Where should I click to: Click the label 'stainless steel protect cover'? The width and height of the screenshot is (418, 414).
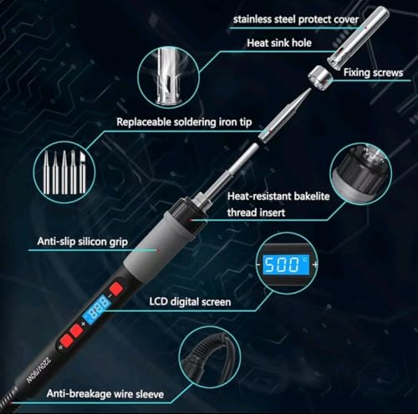point(296,19)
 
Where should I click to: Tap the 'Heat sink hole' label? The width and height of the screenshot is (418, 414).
point(279,43)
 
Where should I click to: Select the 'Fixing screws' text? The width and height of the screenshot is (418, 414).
point(373,73)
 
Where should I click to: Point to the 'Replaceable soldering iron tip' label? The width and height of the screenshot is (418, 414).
point(184,122)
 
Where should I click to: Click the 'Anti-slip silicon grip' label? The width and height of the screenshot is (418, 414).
point(83,242)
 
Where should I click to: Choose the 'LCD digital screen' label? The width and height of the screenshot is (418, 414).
point(190,302)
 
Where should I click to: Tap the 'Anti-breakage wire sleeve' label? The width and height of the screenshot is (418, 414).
point(105,394)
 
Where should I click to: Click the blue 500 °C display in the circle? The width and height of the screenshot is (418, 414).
point(286,264)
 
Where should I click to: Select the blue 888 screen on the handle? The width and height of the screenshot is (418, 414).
point(96,309)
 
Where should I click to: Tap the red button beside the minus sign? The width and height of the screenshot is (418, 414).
point(116,289)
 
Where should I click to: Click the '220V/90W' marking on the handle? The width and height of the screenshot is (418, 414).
point(38,370)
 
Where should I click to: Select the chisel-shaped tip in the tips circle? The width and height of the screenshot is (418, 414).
point(82,172)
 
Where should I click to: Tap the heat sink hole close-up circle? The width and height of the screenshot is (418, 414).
point(168,77)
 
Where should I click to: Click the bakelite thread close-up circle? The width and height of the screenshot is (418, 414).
point(361,173)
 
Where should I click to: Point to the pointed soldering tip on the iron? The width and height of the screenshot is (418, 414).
point(285,115)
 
